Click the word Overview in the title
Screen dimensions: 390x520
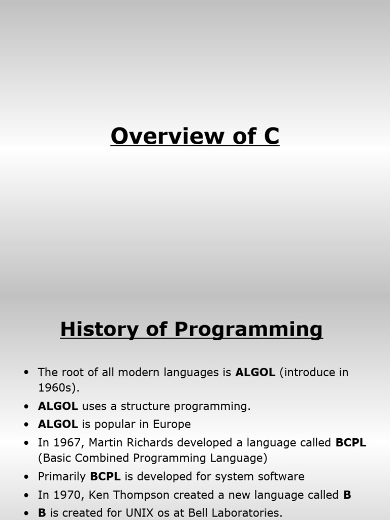[x=168, y=136]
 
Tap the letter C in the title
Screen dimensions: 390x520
[x=272, y=136]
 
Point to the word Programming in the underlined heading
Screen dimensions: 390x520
[x=248, y=330]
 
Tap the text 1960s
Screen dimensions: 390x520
[x=57, y=387]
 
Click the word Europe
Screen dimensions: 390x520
[x=172, y=425]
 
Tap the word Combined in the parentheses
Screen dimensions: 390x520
[x=102, y=458]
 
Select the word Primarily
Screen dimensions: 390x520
[x=62, y=476]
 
